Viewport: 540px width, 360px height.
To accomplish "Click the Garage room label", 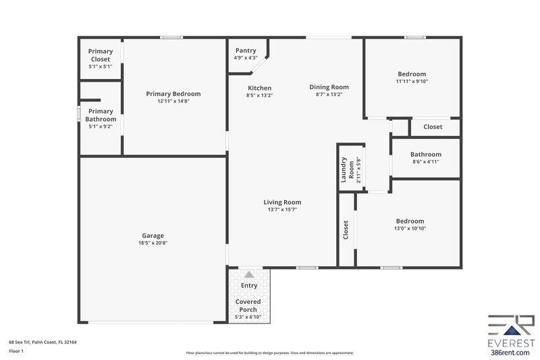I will click(x=153, y=236).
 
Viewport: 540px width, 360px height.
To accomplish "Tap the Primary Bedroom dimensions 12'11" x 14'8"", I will click(x=173, y=101).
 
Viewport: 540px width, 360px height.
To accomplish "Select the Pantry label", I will click(x=245, y=51).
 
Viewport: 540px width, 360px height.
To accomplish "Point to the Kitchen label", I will click(x=259, y=88).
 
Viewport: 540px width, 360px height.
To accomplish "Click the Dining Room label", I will click(x=329, y=87).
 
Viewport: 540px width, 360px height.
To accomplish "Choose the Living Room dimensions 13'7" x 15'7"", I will click(x=281, y=209).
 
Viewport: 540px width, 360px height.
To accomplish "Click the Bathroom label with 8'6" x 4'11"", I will click(x=425, y=154).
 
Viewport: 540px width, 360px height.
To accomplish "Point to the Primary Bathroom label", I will click(x=101, y=115).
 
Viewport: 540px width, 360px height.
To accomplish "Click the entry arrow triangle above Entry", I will click(x=249, y=274).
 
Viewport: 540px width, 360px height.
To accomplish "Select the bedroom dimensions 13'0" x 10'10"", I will click(x=410, y=228).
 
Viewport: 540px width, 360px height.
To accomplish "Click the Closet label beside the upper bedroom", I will click(x=433, y=127).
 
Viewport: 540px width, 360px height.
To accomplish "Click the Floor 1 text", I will click(x=17, y=352).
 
